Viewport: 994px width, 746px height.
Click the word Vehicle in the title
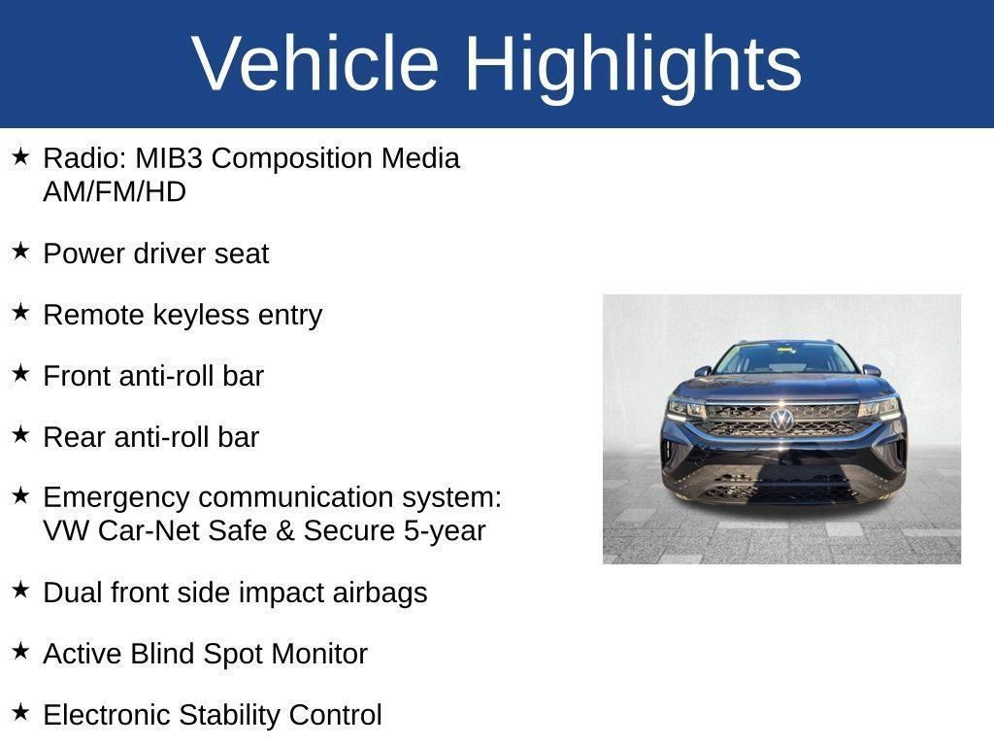(315, 63)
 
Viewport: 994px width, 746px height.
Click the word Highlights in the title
(633, 63)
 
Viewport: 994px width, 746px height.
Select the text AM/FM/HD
(115, 192)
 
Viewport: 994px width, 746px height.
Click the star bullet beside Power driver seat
(20, 252)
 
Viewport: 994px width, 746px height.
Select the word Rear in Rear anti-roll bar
(75, 437)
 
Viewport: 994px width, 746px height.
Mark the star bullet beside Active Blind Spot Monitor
(20, 652)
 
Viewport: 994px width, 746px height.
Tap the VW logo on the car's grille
(781, 420)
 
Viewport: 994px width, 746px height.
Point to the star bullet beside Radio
(20, 156)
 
